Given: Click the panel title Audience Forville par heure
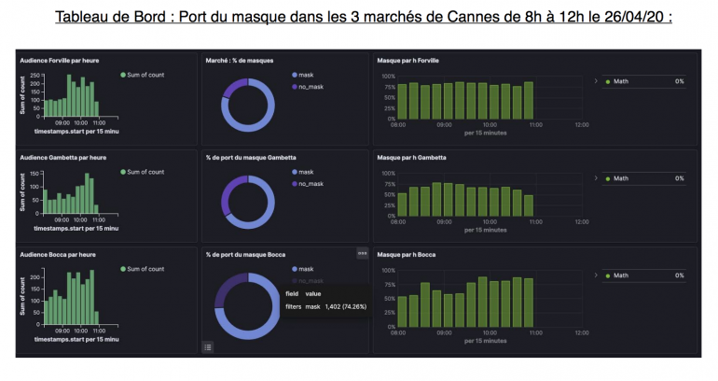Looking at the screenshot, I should coord(59,60).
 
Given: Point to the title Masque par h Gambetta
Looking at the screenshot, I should coord(411,157).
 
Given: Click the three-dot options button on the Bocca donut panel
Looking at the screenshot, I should coord(362,253).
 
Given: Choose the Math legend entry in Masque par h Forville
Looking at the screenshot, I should coord(621,81).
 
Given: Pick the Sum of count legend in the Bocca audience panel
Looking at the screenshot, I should coord(145,269).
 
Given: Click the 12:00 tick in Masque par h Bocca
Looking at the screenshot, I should coord(581,332).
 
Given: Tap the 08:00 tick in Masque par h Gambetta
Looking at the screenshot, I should coord(397,222).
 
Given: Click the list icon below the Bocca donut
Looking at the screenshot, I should coord(208,346).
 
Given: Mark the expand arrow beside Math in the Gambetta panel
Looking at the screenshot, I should coord(596,177).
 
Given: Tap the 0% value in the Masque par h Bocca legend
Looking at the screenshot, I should coord(680,275).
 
